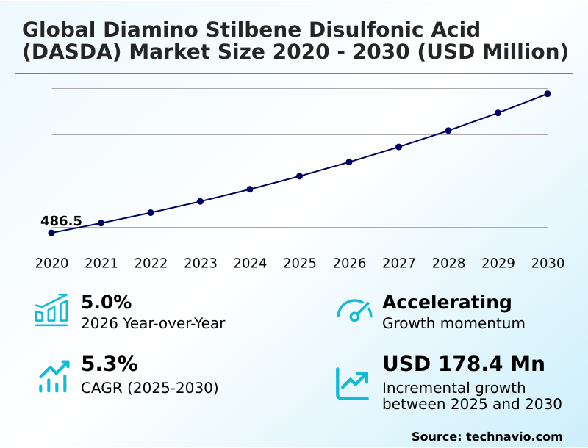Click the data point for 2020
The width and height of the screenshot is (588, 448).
pyautogui.click(x=51, y=233)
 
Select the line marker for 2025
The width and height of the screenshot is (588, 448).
pyautogui.click(x=300, y=176)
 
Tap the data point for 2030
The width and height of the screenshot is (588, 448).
pyautogui.click(x=548, y=94)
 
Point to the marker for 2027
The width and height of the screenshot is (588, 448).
pyautogui.click(x=398, y=147)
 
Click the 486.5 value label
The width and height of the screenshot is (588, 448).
pyautogui.click(x=61, y=221)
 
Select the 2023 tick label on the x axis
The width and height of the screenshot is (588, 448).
pyautogui.click(x=200, y=264)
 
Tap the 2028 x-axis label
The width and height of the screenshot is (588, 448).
pyautogui.click(x=448, y=264)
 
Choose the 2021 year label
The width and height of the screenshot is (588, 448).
pyautogui.click(x=101, y=264)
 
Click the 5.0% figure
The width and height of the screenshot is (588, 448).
pyautogui.click(x=106, y=303)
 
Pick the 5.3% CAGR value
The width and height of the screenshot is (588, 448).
pyautogui.click(x=109, y=364)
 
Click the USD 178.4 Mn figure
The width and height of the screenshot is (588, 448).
pyautogui.click(x=463, y=364)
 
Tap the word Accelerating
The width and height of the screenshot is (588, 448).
pyautogui.click(x=447, y=302)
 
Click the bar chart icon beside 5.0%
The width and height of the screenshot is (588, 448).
pyautogui.click(x=51, y=311)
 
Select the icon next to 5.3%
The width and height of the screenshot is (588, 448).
pyautogui.click(x=53, y=375)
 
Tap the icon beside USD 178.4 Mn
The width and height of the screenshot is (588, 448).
pyautogui.click(x=353, y=383)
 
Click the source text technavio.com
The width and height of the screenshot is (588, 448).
pyautogui.click(x=514, y=436)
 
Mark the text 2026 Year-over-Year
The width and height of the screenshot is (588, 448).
pyautogui.click(x=153, y=323)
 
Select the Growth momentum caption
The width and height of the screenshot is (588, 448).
pyautogui.click(x=453, y=323)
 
